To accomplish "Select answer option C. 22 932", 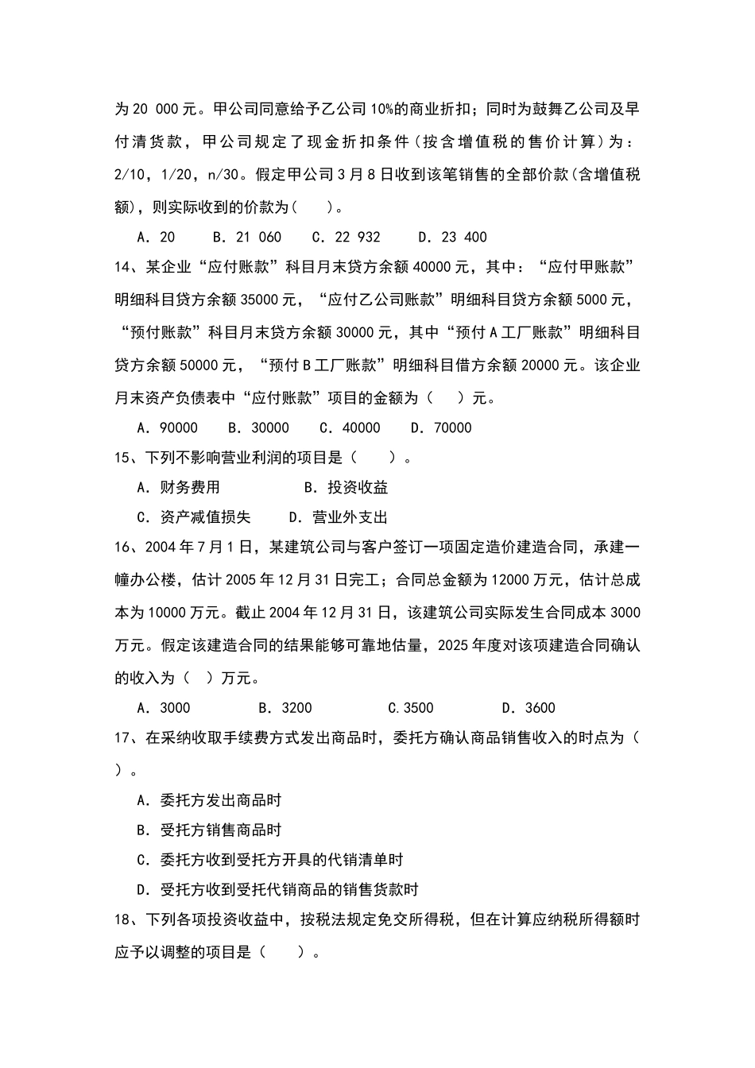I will [346, 237].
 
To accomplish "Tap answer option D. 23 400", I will [452, 237].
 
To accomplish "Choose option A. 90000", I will [167, 428].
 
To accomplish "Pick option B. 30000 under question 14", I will [258, 428].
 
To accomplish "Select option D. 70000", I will [441, 428].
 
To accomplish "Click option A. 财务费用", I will [178, 487].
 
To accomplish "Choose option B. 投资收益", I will [346, 487].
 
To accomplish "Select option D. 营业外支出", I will [338, 517].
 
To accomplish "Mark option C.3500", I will [410, 708].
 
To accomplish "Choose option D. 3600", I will [528, 708].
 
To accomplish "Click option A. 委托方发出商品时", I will [209, 800].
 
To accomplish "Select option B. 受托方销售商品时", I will [209, 830].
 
